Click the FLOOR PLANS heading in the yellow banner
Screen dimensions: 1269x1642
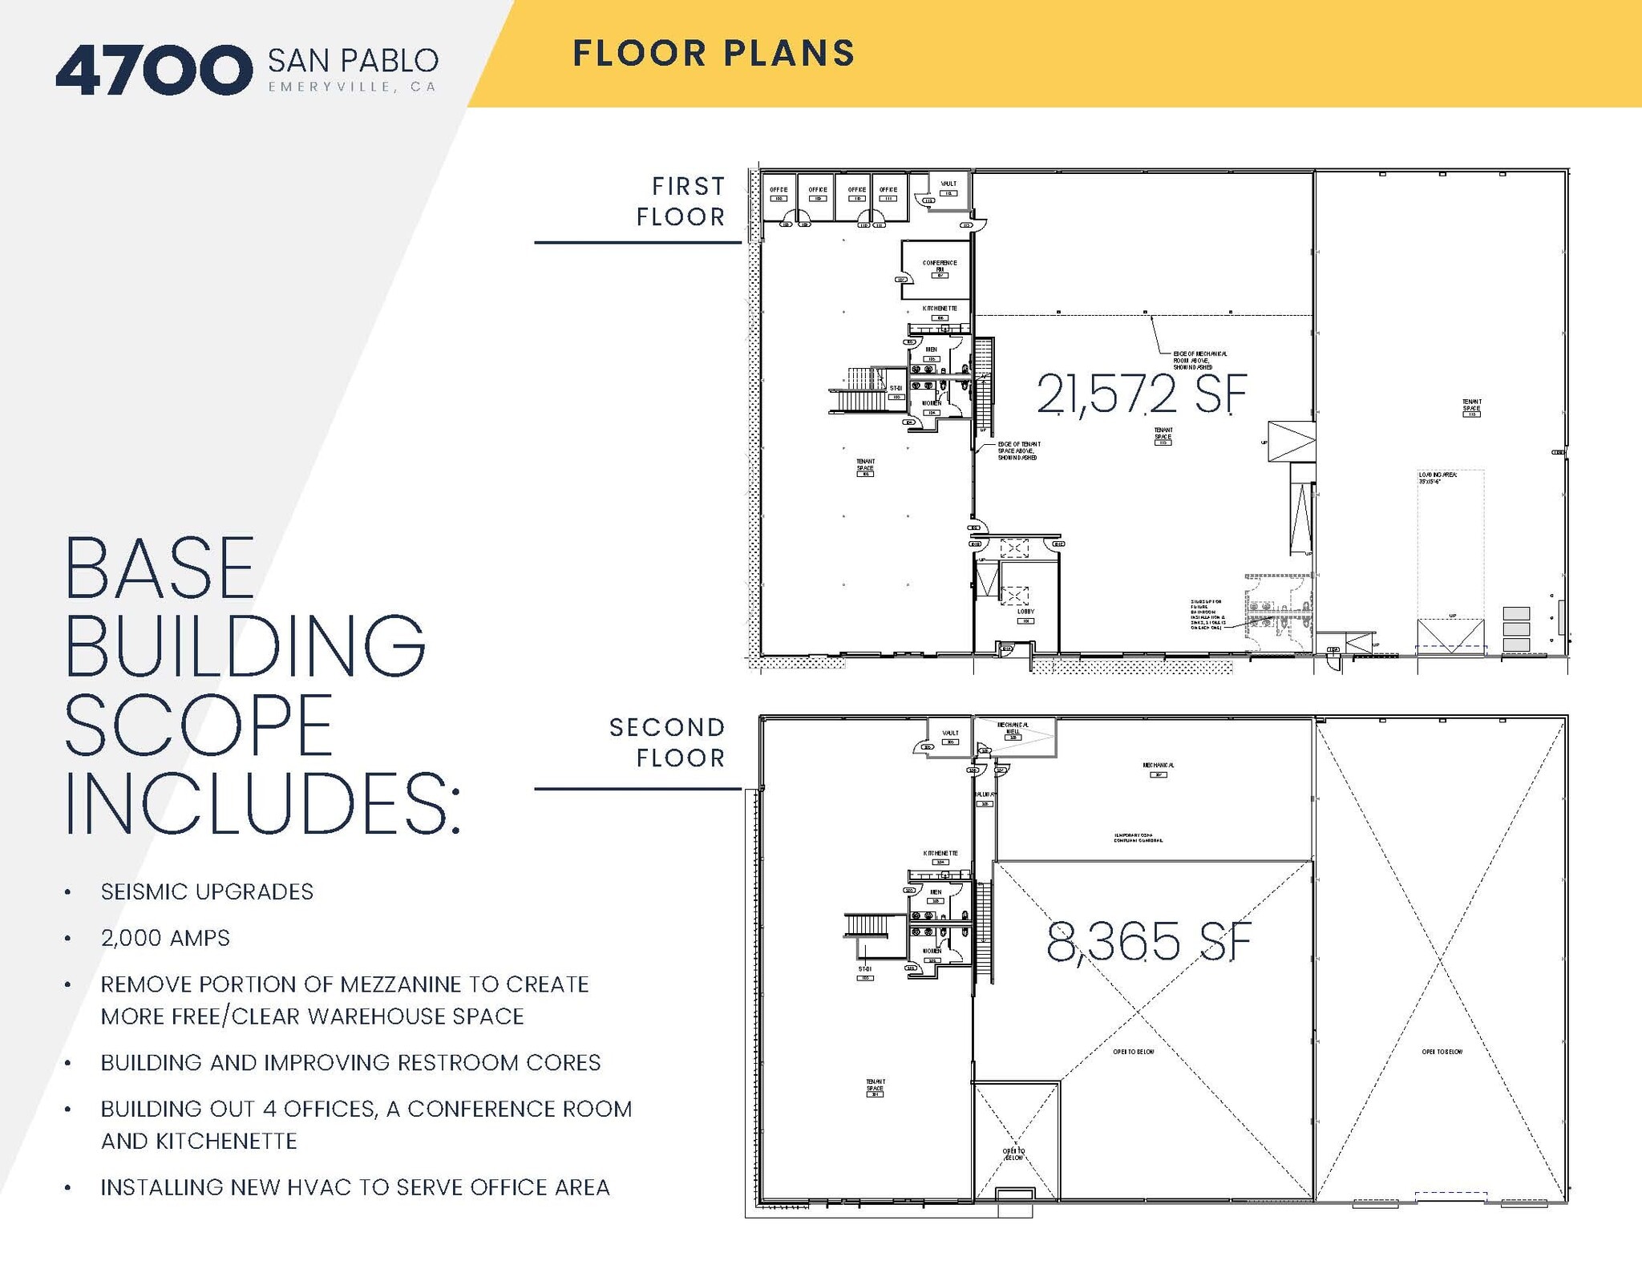[x=714, y=54]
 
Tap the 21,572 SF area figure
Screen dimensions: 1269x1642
[x=1141, y=394]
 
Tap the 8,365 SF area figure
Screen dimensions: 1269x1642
[x=1148, y=942]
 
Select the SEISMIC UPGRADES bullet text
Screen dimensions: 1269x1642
[x=207, y=891]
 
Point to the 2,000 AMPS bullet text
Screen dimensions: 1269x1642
[x=165, y=938]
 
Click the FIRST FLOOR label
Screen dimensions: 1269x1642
[x=681, y=201]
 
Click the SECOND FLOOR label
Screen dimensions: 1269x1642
[x=668, y=742]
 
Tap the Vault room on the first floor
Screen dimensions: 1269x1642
[x=948, y=188]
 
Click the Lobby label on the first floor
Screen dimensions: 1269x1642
[x=1025, y=612]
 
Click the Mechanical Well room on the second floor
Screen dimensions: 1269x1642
[x=1013, y=729]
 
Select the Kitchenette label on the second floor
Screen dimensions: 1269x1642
[x=940, y=854]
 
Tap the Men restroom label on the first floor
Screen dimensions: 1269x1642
[x=931, y=350]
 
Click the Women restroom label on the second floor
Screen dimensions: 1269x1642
[x=932, y=951]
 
